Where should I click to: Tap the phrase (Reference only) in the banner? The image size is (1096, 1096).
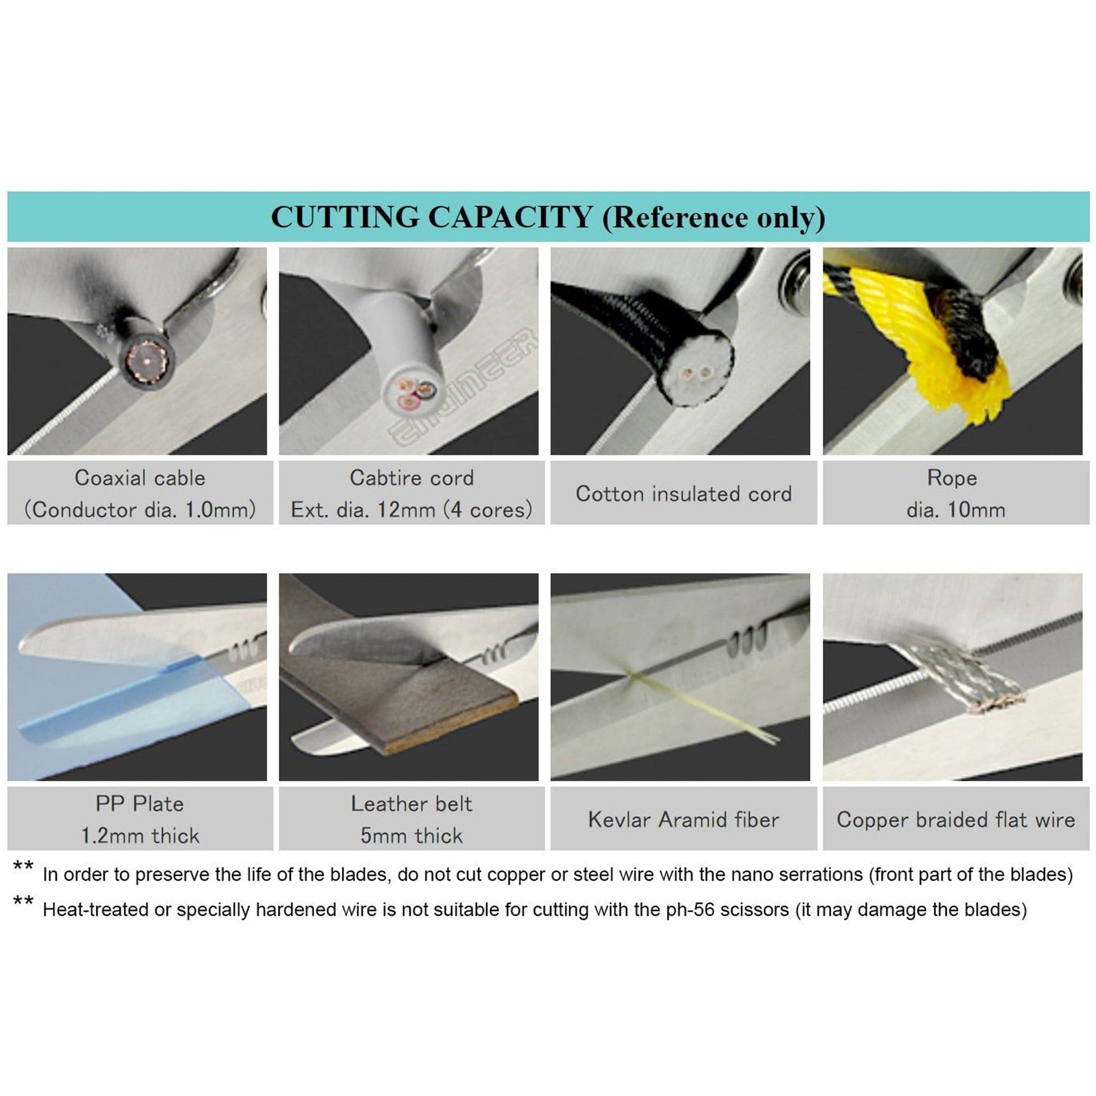point(714,218)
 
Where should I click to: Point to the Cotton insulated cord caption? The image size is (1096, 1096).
point(684,493)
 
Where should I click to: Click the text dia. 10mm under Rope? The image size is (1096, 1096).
point(955,510)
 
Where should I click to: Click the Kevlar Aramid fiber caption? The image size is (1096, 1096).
point(684,819)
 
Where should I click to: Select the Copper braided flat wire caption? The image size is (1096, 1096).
point(955,819)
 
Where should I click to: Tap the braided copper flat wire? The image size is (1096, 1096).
point(964,675)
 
